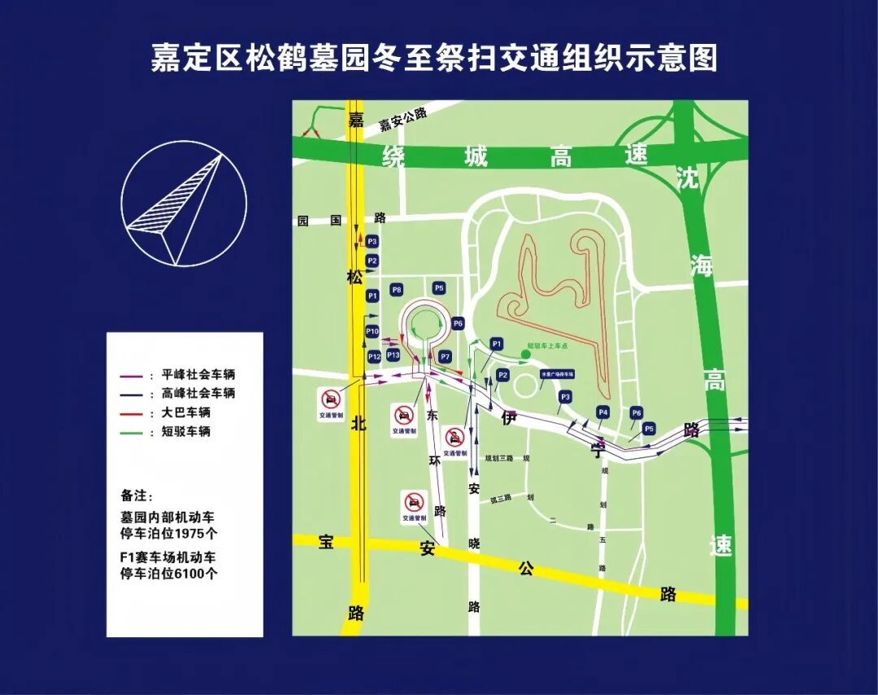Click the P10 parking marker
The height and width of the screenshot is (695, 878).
pos(372,331)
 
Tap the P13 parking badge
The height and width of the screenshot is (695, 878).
pos(393,356)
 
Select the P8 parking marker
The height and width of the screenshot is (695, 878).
pos(397,290)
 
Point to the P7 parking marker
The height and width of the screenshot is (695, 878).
pos(445,356)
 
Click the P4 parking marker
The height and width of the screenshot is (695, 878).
pos(602,412)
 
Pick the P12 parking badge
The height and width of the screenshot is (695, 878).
pos(374,356)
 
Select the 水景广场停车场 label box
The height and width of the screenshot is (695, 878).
pos(558,374)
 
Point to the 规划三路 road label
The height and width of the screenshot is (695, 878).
pos(498,458)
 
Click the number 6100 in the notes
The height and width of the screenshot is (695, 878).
pos(191,573)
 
